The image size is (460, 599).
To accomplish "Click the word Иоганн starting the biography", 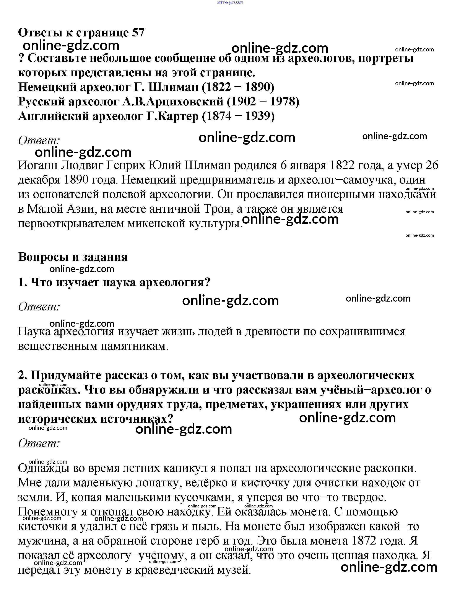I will click(37, 165).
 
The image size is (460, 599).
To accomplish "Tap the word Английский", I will click(53, 116).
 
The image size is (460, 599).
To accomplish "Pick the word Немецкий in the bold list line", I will click(47, 87).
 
